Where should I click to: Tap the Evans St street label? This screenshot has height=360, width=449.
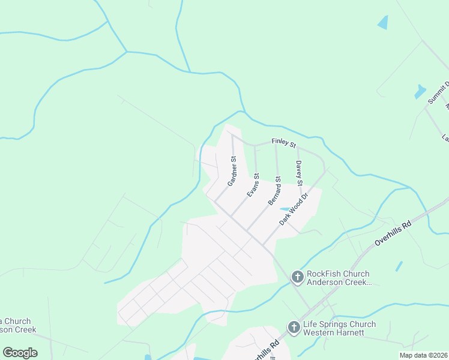253,185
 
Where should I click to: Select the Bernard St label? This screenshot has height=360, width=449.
274,191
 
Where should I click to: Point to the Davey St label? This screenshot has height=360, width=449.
299,172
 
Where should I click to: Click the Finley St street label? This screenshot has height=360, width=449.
284,143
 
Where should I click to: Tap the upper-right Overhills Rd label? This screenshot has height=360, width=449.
393,233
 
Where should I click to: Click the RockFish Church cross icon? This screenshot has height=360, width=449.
297,277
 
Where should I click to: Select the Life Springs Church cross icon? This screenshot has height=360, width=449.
294,327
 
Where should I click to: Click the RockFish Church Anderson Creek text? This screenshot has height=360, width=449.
339,278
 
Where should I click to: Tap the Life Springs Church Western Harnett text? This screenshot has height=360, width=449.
339,328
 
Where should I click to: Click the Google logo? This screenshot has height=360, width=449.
20,352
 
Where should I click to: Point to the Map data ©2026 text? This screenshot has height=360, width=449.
423,355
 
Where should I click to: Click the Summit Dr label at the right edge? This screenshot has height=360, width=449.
438,93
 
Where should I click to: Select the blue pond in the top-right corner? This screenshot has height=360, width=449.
383,22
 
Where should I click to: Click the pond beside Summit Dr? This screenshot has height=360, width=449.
420,92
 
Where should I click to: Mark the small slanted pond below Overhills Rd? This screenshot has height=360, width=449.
399,266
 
